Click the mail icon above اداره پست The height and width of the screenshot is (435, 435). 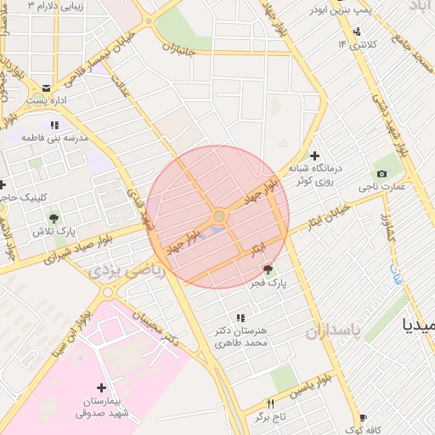(45, 88)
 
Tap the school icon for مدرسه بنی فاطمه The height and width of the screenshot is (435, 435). (54, 125)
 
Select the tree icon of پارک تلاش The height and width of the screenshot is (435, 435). (54, 218)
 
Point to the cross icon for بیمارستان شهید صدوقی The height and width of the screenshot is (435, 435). (102, 387)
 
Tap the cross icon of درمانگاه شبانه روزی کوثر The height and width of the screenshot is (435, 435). (314, 155)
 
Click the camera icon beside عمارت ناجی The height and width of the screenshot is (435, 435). (381, 174)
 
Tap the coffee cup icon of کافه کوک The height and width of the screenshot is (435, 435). (363, 418)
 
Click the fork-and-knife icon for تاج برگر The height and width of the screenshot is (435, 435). (271, 404)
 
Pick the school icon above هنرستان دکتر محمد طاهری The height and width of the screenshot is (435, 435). (240, 318)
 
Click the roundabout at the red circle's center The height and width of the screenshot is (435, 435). (218, 217)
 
